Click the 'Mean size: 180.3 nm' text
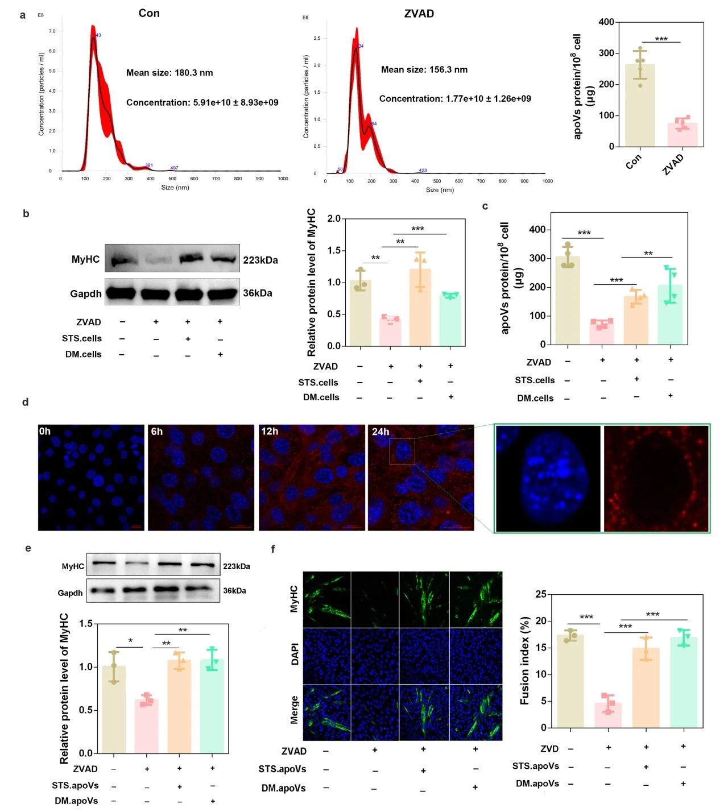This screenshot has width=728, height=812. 169,73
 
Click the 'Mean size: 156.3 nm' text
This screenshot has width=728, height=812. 424,69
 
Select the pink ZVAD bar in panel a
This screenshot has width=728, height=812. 682,135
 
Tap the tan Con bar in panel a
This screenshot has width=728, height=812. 640,106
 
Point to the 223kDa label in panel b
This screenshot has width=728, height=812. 260,260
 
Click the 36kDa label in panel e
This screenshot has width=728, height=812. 234,591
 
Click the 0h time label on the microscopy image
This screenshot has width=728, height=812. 45,432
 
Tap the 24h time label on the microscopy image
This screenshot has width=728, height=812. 380,432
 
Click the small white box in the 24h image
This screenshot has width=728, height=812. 402,451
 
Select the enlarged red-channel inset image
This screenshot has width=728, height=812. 656,479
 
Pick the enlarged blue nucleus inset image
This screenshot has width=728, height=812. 548,479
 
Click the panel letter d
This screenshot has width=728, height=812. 26,402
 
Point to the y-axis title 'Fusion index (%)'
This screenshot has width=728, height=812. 525,661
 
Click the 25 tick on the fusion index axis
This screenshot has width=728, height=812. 540,594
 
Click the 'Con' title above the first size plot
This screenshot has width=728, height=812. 149,13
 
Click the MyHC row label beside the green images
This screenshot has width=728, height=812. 294,599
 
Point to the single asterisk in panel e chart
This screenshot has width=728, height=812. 130,641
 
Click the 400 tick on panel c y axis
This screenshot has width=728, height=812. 537,230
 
